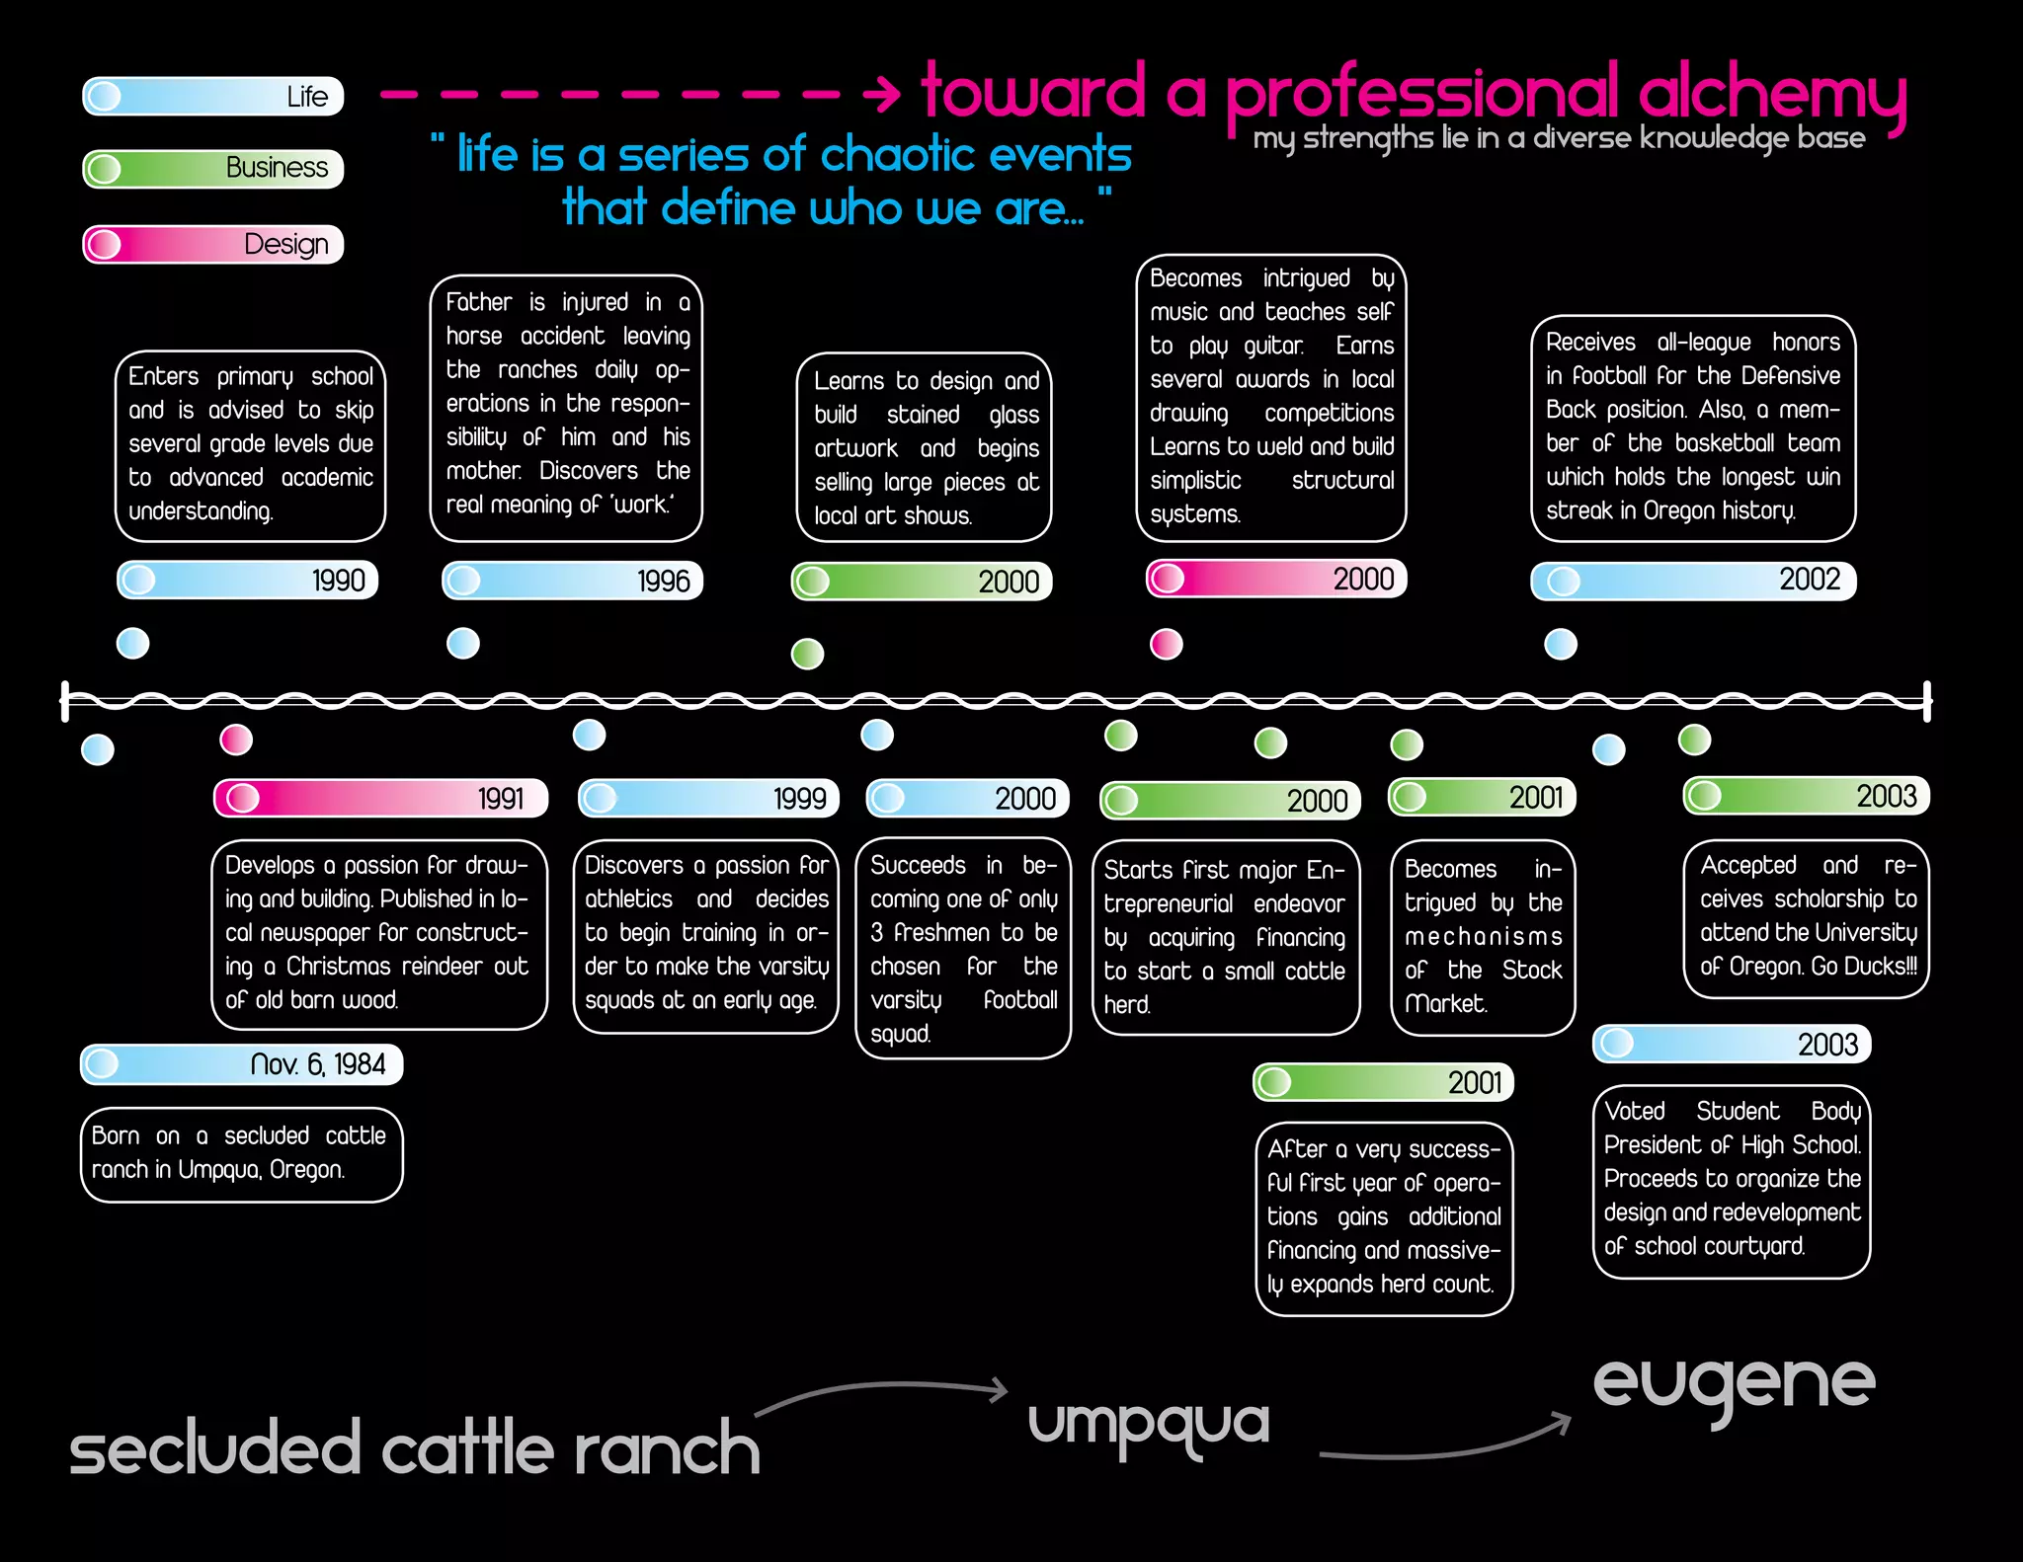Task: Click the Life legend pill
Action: [x=213, y=97]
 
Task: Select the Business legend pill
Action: [x=213, y=169]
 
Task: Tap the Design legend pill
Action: [x=213, y=245]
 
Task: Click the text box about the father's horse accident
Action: [x=566, y=408]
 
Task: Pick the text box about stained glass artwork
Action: [x=924, y=447]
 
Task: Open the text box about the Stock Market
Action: [x=1483, y=936]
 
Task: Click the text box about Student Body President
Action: [x=1732, y=1180]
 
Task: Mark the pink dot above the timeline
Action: [x=1167, y=644]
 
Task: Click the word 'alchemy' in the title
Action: [x=1772, y=92]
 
